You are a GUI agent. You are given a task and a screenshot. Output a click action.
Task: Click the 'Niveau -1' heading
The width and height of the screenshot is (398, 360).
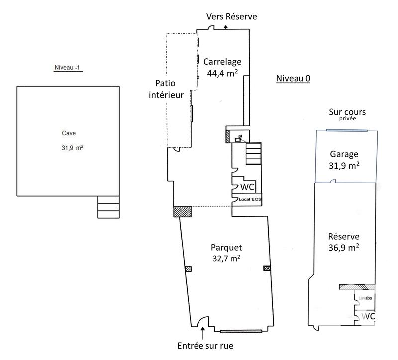click(68, 67)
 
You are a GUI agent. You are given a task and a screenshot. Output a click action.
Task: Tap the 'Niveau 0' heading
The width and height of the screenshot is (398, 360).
click(293, 79)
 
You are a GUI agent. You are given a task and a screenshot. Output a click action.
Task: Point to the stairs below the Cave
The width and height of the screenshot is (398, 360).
click(108, 207)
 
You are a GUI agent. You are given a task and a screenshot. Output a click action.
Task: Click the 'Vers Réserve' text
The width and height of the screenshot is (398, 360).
click(232, 16)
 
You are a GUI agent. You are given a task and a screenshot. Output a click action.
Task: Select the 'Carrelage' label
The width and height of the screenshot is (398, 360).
click(222, 62)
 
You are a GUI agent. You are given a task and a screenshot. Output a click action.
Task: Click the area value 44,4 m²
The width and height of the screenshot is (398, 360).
click(222, 73)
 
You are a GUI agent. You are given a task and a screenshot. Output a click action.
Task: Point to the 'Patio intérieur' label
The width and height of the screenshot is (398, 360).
click(166, 89)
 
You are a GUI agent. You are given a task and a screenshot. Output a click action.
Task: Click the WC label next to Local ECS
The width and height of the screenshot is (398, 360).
click(248, 187)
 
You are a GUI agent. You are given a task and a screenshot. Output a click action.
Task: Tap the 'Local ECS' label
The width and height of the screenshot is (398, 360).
click(249, 199)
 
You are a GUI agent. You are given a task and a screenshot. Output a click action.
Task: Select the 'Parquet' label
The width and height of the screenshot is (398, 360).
click(226, 247)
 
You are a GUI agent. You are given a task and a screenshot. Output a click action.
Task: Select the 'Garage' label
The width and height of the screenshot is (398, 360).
click(345, 154)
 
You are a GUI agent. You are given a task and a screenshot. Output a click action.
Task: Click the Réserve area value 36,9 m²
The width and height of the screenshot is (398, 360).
click(344, 247)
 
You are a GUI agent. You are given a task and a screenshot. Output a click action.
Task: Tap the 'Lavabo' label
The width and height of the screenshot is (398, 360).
click(366, 298)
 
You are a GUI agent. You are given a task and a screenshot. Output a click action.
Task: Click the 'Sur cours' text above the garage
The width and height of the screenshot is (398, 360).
click(345, 112)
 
